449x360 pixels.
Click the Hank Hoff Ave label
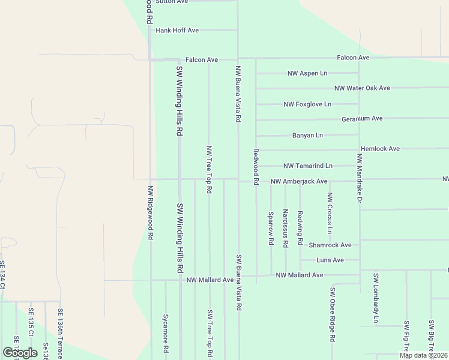pos(177,30)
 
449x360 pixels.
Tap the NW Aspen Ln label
pos(307,73)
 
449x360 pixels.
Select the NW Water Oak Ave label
pos(362,88)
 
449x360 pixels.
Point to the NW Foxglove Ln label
pos(307,104)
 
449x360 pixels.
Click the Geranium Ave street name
pos(362,119)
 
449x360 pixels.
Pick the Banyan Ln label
pos(307,136)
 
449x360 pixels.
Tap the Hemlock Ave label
pos(380,149)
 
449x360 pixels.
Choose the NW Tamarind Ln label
pos(307,166)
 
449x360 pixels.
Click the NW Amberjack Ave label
pos(298,181)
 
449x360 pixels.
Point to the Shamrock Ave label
pos(330,245)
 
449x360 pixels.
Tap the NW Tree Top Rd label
pos(209,169)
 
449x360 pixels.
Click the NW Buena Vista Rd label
pos(238,94)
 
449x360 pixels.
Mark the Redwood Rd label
pos(256,167)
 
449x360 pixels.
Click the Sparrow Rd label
pos(271,228)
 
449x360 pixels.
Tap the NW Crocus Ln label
pos(330,213)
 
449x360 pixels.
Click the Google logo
pos(20,353)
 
